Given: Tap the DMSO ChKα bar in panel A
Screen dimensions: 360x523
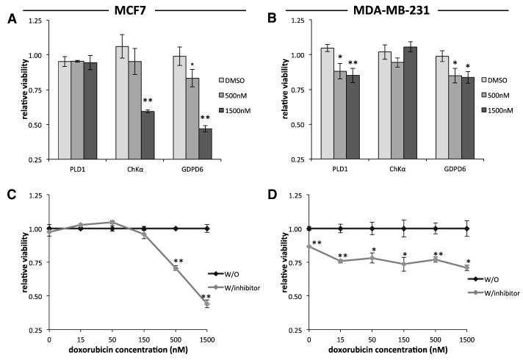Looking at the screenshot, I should click(x=122, y=102).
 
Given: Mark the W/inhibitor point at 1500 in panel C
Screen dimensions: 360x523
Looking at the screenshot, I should click(x=207, y=303).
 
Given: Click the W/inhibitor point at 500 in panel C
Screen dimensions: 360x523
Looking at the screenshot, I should click(x=176, y=268).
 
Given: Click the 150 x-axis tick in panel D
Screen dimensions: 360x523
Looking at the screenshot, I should click(x=405, y=339).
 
